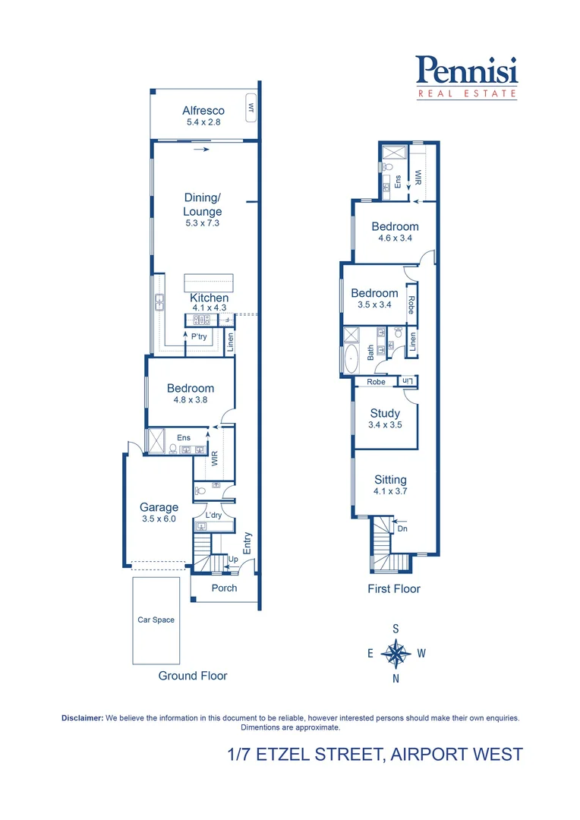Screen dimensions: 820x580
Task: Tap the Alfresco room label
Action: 203,111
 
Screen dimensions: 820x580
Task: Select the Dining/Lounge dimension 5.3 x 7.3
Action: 203,223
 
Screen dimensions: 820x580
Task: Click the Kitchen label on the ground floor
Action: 209,298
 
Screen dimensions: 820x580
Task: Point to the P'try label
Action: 200,336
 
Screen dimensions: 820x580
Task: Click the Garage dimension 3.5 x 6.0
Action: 159,519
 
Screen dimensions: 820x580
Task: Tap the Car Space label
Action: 156,620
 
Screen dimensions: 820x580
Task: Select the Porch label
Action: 224,588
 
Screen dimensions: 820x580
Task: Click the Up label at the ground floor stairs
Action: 233,559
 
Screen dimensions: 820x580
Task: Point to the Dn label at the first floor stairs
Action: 402,528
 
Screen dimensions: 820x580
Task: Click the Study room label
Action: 385,413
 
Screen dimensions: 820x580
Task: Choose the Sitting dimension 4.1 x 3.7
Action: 390,491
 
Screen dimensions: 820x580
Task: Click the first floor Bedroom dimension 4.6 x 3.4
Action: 395,238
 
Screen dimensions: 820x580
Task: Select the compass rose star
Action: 396,652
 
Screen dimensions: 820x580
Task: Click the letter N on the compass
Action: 396,679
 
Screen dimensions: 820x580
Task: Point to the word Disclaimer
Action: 82,717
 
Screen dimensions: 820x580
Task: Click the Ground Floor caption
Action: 192,675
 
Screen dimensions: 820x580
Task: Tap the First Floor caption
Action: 394,588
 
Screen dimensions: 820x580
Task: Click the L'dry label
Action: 213,515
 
